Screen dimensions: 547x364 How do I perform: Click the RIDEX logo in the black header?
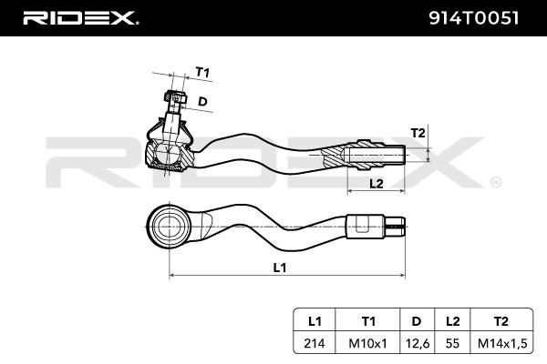click(80, 18)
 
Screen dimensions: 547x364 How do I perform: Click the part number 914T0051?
click(473, 18)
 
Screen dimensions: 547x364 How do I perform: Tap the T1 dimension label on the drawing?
click(202, 73)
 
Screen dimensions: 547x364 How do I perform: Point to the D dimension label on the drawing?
click(202, 101)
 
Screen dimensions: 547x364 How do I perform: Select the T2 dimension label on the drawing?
click(418, 133)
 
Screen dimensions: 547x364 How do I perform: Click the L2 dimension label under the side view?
click(376, 183)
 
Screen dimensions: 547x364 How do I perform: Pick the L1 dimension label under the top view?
click(280, 268)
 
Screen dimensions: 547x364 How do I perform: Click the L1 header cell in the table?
click(315, 321)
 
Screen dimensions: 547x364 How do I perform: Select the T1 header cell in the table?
click(368, 321)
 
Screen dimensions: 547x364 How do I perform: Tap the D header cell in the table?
click(417, 321)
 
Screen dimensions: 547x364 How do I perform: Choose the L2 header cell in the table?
click(452, 321)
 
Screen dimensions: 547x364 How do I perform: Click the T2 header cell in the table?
click(501, 321)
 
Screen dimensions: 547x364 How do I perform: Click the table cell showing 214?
click(315, 343)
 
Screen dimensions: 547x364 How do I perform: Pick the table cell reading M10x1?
click(368, 343)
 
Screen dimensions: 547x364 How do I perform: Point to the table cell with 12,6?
click(417, 343)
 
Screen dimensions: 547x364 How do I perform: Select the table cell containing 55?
click(452, 343)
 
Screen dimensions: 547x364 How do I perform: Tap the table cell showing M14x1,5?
click(502, 343)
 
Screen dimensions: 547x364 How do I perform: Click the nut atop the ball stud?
click(175, 96)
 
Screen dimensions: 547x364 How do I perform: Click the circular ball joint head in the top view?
click(169, 227)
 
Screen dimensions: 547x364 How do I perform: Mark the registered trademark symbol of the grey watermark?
click(496, 183)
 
